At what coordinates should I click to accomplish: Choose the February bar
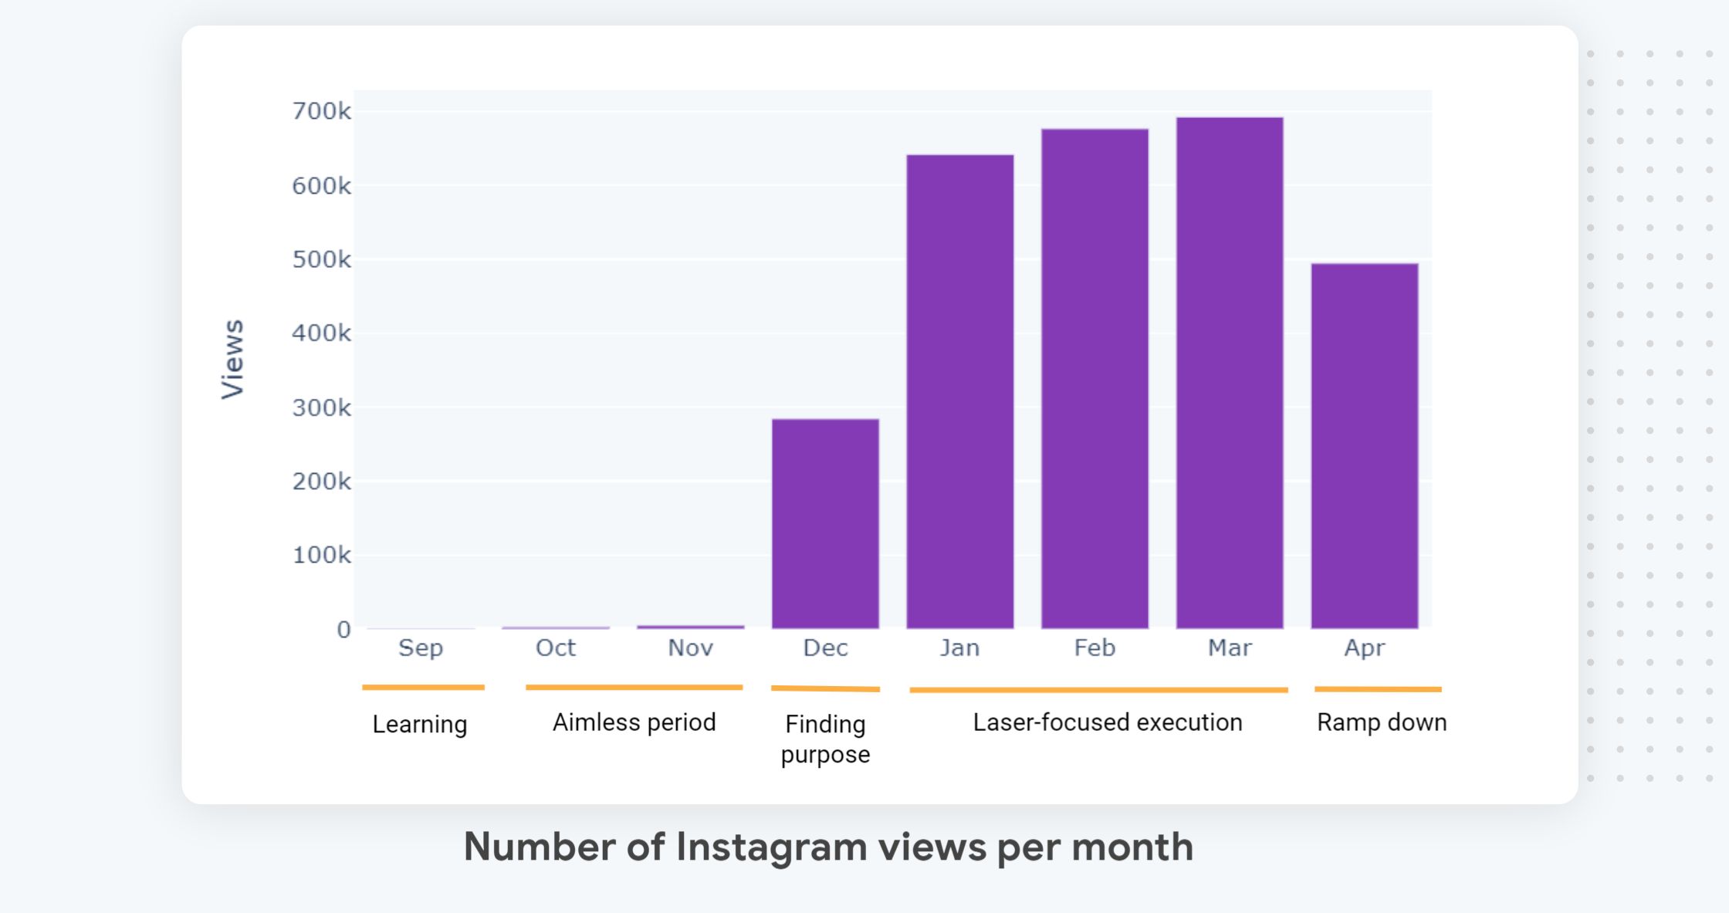[1095, 378]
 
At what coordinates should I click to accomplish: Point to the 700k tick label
[321, 111]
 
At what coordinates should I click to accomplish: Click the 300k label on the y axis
[321, 407]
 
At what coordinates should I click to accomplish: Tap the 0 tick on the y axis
[343, 630]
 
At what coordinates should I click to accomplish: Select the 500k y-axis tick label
[321, 259]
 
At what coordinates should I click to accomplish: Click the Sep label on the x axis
[421, 648]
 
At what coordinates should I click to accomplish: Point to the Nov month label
[690, 648]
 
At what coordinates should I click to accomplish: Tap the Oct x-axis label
[556, 648]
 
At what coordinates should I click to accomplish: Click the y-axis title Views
[232, 359]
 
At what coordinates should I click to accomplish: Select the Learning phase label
[420, 724]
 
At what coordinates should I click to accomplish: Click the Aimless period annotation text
[634, 722]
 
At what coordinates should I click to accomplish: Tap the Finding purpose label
[825, 739]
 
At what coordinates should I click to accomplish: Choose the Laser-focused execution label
[1108, 722]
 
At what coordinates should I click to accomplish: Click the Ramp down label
[1382, 722]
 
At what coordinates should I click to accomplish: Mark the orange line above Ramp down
[1378, 688]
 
